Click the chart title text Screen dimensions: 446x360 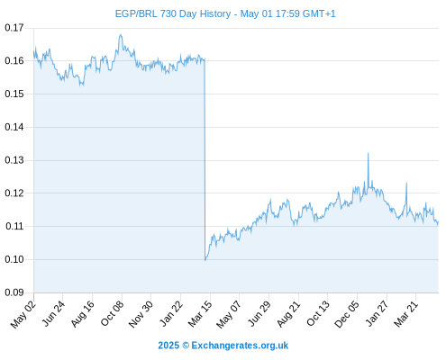click(225, 13)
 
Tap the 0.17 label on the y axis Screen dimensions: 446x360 click(14, 28)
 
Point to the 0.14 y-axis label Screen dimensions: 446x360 click(14, 127)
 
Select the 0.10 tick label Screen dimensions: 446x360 click(14, 259)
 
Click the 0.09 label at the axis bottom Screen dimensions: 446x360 click(14, 292)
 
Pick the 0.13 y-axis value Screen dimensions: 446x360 click(14, 160)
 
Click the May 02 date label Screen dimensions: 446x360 click(23, 315)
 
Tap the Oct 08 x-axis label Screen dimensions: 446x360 click(112, 314)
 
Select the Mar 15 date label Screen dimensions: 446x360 click(200, 314)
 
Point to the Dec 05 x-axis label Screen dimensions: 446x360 click(347, 314)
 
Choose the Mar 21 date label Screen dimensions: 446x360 click(405, 314)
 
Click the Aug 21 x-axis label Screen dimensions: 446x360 click(288, 314)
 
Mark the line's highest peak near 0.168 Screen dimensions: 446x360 click(121, 35)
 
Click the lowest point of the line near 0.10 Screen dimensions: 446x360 click(205, 260)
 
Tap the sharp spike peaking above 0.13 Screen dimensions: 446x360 click(369, 153)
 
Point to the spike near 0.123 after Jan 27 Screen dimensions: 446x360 click(406, 183)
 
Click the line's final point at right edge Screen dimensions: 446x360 click(438, 222)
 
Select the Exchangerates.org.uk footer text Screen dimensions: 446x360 click(240, 346)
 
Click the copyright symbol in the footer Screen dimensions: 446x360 click(186, 346)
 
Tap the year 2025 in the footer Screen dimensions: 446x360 click(168, 346)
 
